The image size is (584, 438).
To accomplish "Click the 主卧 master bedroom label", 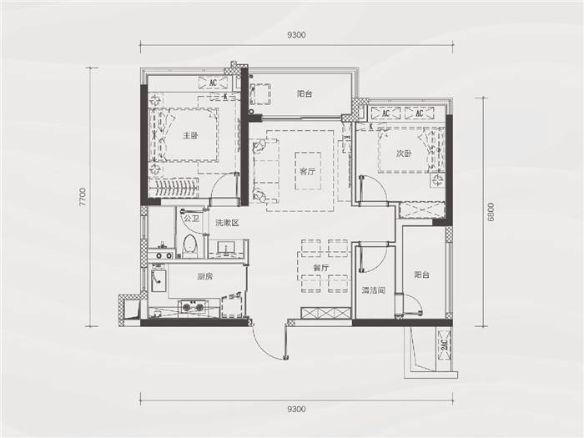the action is [190, 135].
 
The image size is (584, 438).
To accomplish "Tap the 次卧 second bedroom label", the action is [403, 154].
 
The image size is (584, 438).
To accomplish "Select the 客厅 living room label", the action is [308, 172].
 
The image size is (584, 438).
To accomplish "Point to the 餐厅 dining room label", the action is [321, 268].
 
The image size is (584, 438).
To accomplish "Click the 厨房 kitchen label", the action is [205, 276].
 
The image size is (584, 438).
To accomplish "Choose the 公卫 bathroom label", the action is [191, 219].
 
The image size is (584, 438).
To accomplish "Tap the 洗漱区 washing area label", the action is [227, 223].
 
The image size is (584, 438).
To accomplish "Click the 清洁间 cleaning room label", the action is [373, 290].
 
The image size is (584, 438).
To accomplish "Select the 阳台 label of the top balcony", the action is [305, 93].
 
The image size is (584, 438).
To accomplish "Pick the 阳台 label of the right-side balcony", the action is [422, 274].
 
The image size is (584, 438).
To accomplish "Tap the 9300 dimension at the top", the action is [297, 35].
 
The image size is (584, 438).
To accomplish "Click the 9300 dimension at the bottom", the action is [297, 409].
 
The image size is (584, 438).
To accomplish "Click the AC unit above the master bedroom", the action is [214, 83].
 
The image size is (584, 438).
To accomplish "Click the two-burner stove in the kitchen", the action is [193, 307].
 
